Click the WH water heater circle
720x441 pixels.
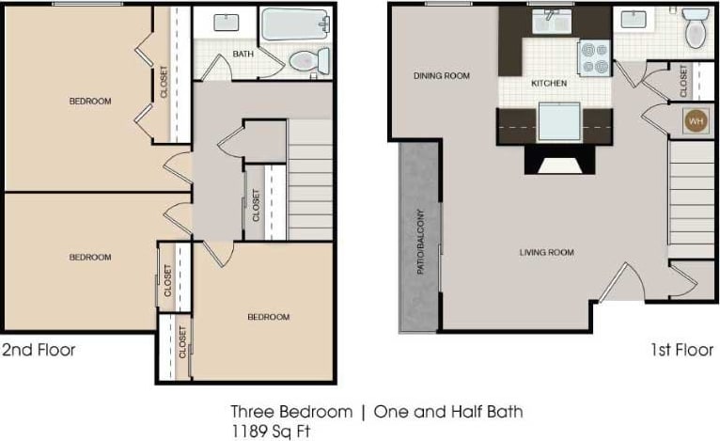[696, 120]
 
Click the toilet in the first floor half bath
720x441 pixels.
[696, 28]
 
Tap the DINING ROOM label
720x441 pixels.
[441, 75]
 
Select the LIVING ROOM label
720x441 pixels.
[546, 252]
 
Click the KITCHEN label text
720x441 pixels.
[549, 84]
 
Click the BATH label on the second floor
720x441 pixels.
[243, 54]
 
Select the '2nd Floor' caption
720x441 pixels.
[38, 350]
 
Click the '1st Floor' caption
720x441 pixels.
[681, 350]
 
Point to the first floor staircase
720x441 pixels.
[691, 197]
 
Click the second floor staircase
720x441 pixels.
[309, 179]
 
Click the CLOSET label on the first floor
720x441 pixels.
[683, 81]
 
